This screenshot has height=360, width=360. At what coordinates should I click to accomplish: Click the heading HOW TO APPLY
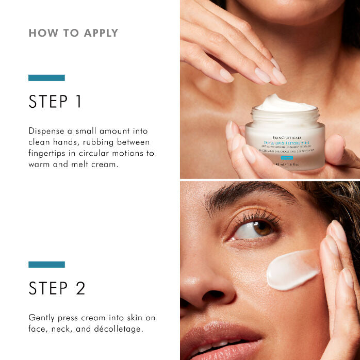[x=73, y=33]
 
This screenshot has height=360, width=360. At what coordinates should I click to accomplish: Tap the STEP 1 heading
[x=55, y=101]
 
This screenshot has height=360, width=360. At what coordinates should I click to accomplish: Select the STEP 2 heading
[x=57, y=288]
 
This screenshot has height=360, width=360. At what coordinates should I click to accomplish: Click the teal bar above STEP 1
[x=46, y=78]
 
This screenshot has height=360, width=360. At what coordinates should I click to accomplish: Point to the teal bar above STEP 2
[x=46, y=265]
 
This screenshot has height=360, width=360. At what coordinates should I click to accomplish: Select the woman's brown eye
[x=260, y=227]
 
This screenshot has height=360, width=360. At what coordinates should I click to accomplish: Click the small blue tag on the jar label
[x=287, y=157]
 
